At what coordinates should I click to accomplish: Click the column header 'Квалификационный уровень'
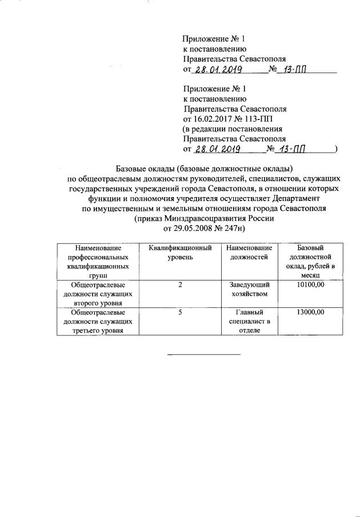coord(180,253)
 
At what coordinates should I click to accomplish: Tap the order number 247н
coord(232,229)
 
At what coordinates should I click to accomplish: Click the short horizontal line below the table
coord(203,354)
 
